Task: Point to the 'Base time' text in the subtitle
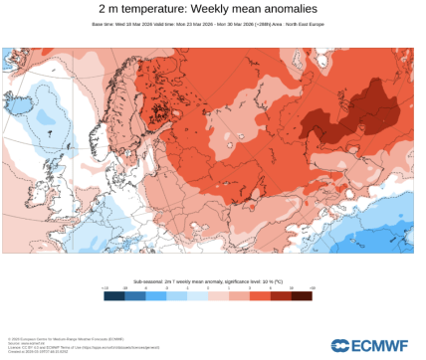tap(104, 24)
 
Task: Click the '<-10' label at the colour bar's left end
tap(104, 286)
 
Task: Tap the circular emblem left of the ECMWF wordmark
tap(340, 344)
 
